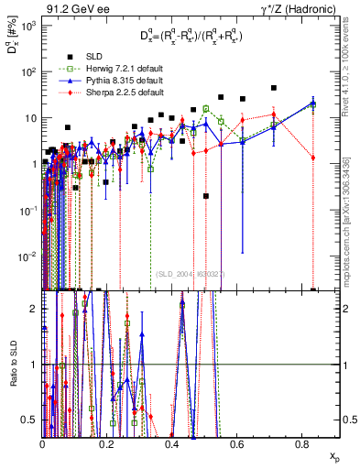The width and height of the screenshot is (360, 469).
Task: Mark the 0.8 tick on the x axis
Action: [x=301, y=444]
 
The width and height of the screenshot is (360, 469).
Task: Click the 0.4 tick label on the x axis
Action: [x=171, y=444]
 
